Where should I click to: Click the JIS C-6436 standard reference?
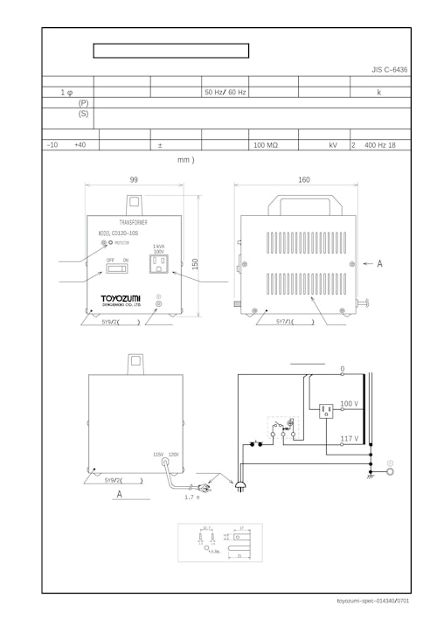[389, 69]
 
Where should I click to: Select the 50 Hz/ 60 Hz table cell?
[225, 92]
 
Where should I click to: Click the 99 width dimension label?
[134, 179]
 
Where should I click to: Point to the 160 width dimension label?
[303, 179]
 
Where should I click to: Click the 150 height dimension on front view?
[195, 263]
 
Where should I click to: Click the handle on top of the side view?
[303, 206]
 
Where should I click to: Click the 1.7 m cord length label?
[192, 497]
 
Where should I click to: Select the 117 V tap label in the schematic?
[350, 438]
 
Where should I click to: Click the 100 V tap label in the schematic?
[350, 404]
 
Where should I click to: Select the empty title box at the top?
[170, 51]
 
